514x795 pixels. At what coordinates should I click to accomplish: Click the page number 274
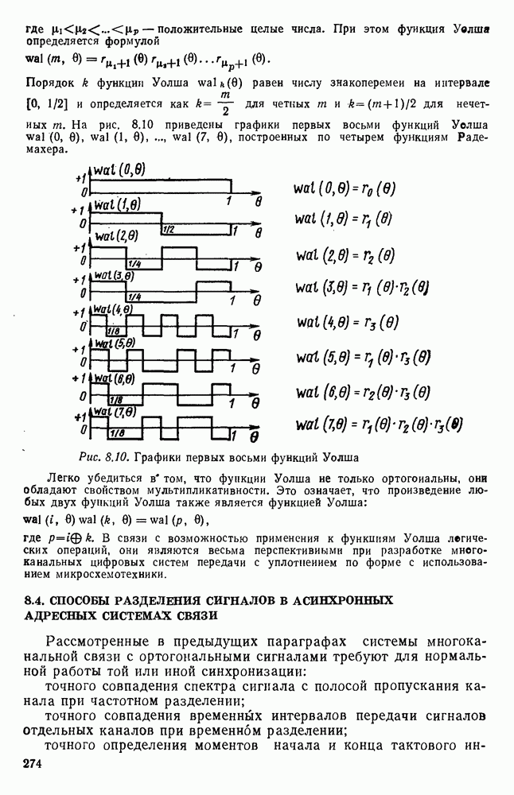[x=29, y=764]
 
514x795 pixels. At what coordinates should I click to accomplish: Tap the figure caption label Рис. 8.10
[x=103, y=457]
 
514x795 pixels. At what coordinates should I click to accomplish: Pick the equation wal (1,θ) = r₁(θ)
[x=343, y=219]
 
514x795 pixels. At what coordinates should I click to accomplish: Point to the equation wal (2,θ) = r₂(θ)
[x=345, y=256]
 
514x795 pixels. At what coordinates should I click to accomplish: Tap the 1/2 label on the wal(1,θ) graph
[x=169, y=230]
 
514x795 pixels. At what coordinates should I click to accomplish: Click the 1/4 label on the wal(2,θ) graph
[x=134, y=262]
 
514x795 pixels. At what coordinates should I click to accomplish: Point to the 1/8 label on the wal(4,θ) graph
[x=112, y=330]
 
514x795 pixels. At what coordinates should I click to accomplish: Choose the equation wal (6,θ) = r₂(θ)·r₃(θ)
[x=363, y=392]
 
